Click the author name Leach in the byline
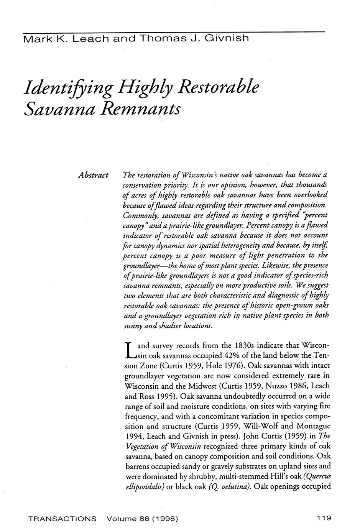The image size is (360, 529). click(90, 39)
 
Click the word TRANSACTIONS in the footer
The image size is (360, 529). click(63, 519)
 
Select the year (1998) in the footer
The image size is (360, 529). click(165, 519)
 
